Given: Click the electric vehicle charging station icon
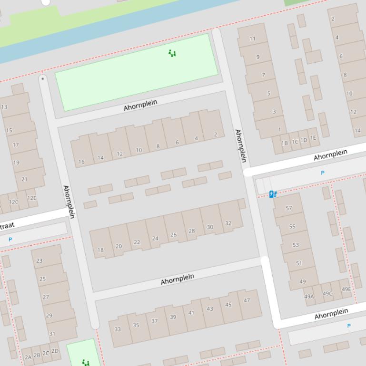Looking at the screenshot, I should click(x=273, y=194).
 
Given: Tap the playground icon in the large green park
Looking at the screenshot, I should click(x=172, y=53).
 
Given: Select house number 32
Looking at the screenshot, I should click(x=228, y=223).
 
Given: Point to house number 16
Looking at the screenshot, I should click(x=81, y=162).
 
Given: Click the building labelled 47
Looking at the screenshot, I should click(x=247, y=300).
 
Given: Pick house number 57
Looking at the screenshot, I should click(x=288, y=208).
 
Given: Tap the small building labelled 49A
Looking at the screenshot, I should click(x=309, y=296).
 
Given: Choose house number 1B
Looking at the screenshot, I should click(x=285, y=143).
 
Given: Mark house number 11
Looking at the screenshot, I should click(x=252, y=39).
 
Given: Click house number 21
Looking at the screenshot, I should click(x=25, y=179).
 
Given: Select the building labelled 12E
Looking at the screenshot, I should click(x=31, y=198).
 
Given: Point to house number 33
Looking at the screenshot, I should click(x=118, y=329).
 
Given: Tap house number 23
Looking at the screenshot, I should click(x=40, y=260).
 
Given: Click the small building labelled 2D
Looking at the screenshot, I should click(x=55, y=351).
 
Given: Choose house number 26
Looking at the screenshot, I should click(x=173, y=234).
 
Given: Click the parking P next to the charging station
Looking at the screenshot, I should click(x=323, y=173).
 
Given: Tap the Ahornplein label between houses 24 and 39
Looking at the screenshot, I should click(x=178, y=279).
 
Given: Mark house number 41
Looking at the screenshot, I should click(x=191, y=313).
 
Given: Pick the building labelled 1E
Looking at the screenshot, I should click(x=313, y=138).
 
